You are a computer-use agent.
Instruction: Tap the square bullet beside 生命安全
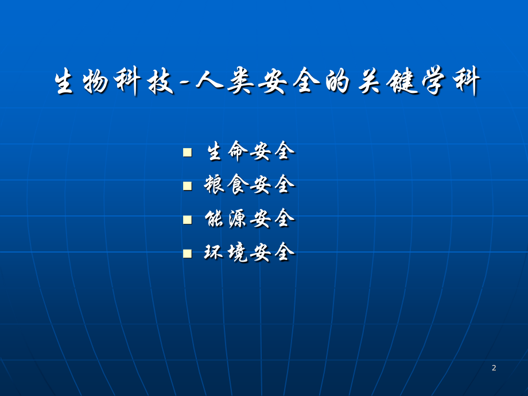pos(187,152)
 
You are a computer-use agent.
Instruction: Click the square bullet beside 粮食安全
pos(187,186)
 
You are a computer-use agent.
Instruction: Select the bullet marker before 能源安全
pos(187,219)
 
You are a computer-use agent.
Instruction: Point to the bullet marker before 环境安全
pos(187,253)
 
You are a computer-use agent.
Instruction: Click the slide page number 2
pos(494,368)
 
